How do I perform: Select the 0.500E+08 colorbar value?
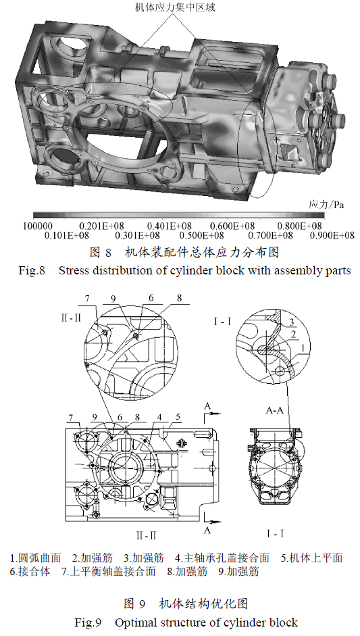pyautogui.click(x=201, y=236)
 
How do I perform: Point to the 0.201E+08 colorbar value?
pyautogui.click(x=102, y=226)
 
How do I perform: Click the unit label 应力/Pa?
pyautogui.click(x=326, y=205)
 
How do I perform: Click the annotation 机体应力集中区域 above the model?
pyautogui.click(x=175, y=7)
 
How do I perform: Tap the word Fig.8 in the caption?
pyautogui.click(x=31, y=270)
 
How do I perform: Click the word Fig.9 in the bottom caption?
pyautogui.click(x=88, y=622)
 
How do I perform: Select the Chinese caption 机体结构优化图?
pyautogui.click(x=203, y=604)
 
